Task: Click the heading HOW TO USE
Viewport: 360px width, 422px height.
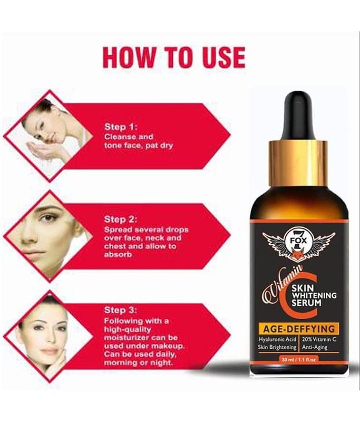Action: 174,57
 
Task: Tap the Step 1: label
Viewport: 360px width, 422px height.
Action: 121,127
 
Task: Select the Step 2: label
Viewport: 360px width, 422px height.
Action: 121,219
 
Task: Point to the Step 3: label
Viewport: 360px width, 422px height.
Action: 121,310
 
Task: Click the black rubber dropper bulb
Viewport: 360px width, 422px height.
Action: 299,116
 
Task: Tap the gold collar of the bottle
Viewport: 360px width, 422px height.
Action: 299,163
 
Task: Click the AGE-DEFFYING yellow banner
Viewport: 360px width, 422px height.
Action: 299,329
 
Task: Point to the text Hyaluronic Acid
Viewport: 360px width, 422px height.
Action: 277,339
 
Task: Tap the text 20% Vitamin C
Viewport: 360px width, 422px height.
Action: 319,339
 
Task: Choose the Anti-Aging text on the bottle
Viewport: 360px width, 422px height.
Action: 315,348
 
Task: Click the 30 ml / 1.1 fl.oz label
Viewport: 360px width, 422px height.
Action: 299,359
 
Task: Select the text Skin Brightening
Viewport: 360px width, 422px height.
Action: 277,348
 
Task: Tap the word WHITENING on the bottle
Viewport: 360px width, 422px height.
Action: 314,295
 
